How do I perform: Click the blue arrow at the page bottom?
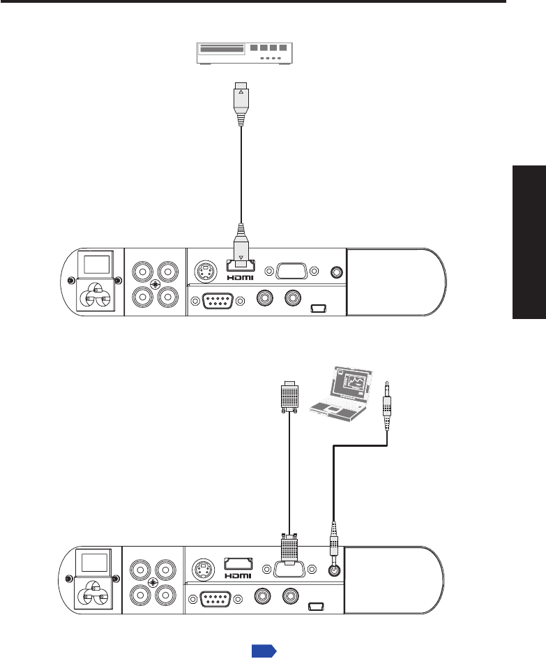[x=264, y=651]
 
